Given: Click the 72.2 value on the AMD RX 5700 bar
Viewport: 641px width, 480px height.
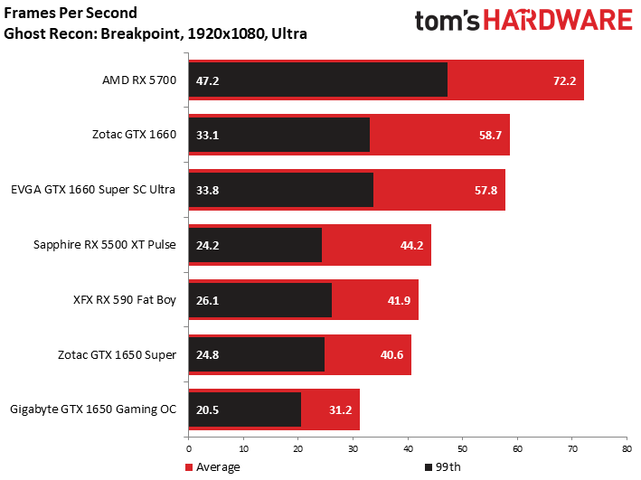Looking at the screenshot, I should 566,80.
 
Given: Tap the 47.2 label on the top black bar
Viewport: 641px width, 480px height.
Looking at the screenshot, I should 208,80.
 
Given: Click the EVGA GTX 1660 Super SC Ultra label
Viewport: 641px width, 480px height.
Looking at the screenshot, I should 93,190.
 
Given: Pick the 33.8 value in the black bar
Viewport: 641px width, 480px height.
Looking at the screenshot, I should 208,190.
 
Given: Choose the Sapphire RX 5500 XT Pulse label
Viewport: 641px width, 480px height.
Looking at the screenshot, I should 105,245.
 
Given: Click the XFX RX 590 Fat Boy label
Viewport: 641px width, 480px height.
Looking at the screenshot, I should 125,299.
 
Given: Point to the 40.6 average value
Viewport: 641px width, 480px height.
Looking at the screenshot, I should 392,354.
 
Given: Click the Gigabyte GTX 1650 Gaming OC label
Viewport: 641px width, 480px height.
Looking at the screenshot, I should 94,409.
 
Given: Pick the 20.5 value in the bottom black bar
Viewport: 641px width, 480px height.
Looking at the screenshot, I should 208,409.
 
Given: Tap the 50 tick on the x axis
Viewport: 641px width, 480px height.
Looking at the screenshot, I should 462,447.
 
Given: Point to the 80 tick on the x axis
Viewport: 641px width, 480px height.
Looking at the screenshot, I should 626,447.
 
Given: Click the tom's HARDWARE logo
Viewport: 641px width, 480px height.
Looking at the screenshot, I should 523,22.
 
